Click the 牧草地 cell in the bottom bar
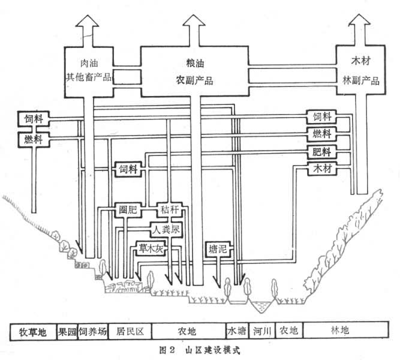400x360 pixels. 33,332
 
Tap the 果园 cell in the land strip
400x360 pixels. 67,332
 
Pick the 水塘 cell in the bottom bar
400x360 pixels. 235,332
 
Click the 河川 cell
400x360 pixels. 261,332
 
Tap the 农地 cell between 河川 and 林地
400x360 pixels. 290,332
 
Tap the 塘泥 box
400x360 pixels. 216,248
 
